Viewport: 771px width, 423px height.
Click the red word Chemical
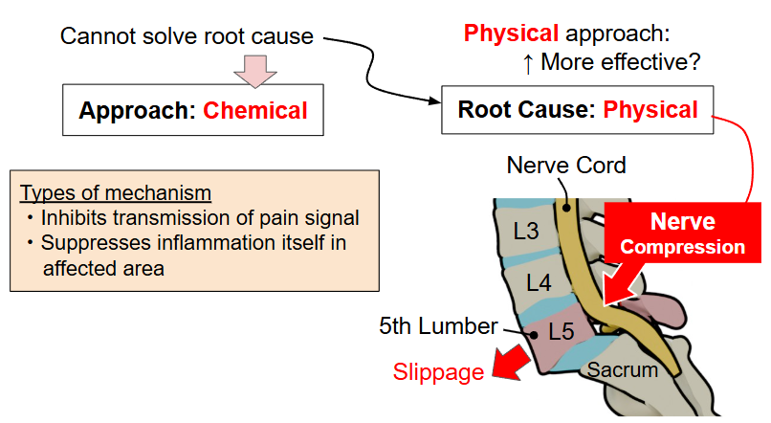pyautogui.click(x=255, y=111)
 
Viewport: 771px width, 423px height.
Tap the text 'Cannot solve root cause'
pyautogui.click(x=187, y=36)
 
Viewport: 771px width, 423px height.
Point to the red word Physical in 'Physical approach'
pyautogui.click(x=511, y=34)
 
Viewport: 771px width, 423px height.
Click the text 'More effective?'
pyautogui.click(x=621, y=63)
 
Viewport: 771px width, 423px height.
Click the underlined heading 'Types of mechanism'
pyautogui.click(x=115, y=191)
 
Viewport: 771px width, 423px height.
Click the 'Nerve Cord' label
pyautogui.click(x=566, y=166)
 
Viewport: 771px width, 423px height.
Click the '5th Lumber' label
pyautogui.click(x=437, y=326)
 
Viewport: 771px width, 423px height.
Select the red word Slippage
pyautogui.click(x=439, y=372)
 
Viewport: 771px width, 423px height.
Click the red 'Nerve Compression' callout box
pyautogui.click(x=682, y=234)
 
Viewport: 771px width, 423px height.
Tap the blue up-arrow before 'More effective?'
pyautogui.click(x=527, y=63)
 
